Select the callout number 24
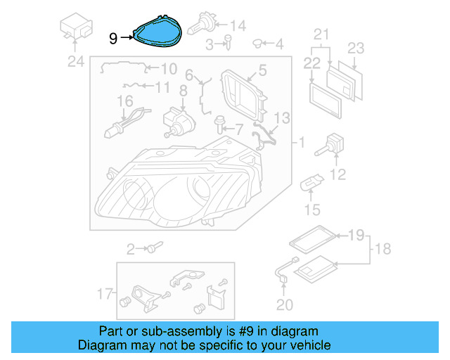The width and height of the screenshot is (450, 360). [x=75, y=62]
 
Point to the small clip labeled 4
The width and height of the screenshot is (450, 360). [x=258, y=44]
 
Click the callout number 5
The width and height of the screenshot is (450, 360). [x=262, y=70]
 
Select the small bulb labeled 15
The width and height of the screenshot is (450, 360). [x=309, y=186]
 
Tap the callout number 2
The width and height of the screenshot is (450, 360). [x=131, y=248]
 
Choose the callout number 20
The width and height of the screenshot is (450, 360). [x=283, y=304]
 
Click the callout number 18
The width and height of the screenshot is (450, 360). [x=382, y=250]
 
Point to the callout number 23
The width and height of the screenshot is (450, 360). [x=356, y=49]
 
